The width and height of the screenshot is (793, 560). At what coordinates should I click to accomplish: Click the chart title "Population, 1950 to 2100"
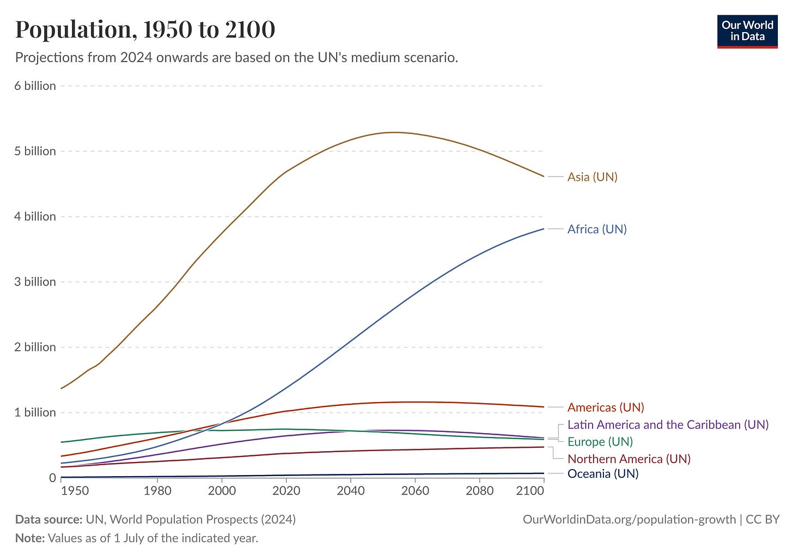pos(145,29)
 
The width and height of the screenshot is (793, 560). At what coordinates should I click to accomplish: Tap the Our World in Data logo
pos(747,31)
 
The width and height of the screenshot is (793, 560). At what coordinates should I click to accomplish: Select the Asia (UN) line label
pos(592,177)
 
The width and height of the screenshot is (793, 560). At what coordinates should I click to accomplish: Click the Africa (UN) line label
pos(597,229)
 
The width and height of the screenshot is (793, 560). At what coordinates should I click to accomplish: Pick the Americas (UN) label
pos(606,407)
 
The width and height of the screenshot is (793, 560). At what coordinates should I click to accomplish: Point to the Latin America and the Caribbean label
pos(668,425)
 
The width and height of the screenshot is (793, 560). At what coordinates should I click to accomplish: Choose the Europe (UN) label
pos(600,442)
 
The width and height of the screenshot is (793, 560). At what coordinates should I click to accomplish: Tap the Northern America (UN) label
pos(629,459)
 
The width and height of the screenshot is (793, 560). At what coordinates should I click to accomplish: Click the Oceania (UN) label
pos(602,474)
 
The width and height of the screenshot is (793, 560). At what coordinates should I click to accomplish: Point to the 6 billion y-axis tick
pos(35,86)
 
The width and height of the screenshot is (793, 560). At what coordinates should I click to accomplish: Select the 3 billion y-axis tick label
pos(35,282)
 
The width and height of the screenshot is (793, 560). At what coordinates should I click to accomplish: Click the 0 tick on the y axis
pos(52,478)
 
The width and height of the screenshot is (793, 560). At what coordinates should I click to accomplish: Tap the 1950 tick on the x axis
pos(75,491)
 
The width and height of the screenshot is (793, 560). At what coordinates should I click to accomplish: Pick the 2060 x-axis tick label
pos(415,491)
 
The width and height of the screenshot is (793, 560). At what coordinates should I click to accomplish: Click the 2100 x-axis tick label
pos(530,491)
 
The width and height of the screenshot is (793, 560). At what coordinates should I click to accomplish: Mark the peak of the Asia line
pos(395,132)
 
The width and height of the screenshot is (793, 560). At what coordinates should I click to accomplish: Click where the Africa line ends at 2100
pos(544,229)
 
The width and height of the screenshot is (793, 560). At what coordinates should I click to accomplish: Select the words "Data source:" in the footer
pos(48,520)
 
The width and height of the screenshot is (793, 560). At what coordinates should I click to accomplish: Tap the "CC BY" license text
pos(762,520)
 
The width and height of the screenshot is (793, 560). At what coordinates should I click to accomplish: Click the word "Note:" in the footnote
pos(29,538)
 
